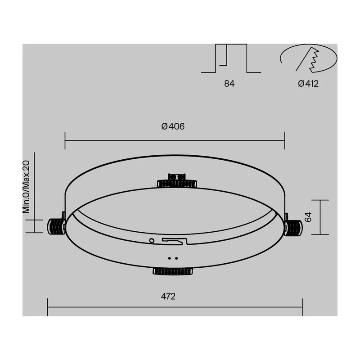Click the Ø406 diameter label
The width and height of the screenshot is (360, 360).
pos(173,126)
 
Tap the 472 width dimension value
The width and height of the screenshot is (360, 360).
pos(168,297)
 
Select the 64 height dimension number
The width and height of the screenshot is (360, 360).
pos(308,217)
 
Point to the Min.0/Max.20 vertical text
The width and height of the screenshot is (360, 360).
pos(26,187)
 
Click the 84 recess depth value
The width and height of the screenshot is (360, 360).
pos(229,84)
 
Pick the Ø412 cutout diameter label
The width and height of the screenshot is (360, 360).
pos(308,84)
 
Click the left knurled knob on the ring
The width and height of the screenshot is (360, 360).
pos(56,227)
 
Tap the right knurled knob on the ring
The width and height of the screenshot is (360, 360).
pos(293,228)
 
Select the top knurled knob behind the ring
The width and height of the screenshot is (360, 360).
pos(177,184)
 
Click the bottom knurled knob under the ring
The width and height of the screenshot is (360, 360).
pos(173,271)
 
